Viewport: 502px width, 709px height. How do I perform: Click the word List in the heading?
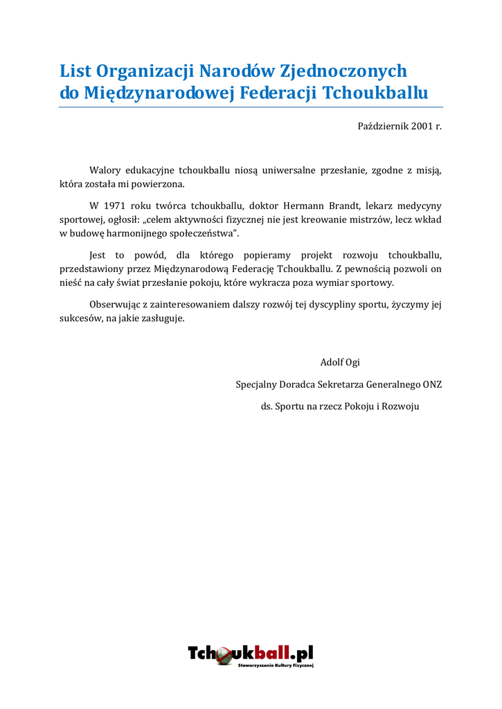[x=75, y=71]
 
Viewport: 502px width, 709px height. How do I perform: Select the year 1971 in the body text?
[x=116, y=206]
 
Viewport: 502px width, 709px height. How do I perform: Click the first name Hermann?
[x=305, y=206]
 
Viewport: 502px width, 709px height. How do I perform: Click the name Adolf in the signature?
[x=331, y=362]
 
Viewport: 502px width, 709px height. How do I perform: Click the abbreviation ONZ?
[x=432, y=384]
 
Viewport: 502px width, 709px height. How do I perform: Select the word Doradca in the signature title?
[x=300, y=384]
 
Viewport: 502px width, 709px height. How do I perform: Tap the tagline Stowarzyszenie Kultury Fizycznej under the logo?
[x=276, y=666]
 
